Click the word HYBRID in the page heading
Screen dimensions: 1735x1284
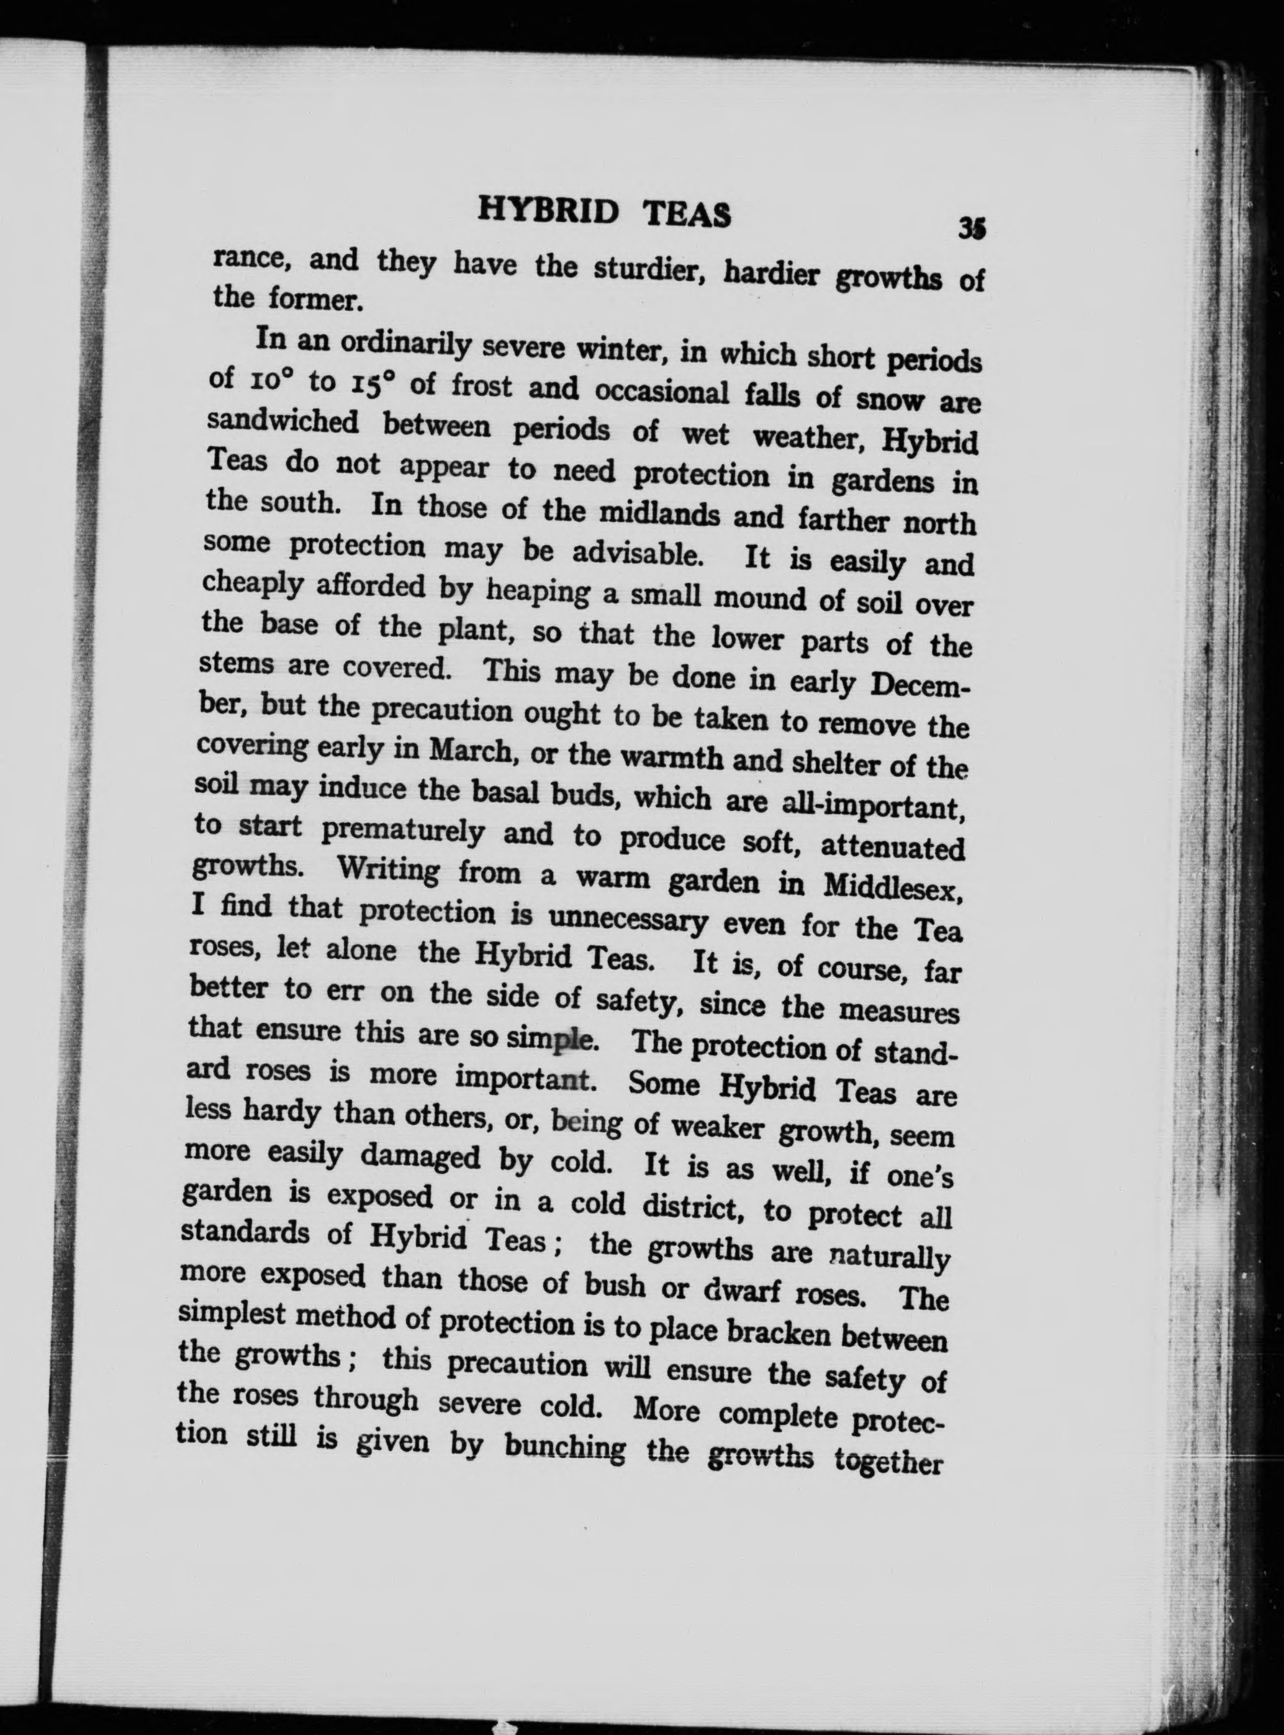548,211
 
